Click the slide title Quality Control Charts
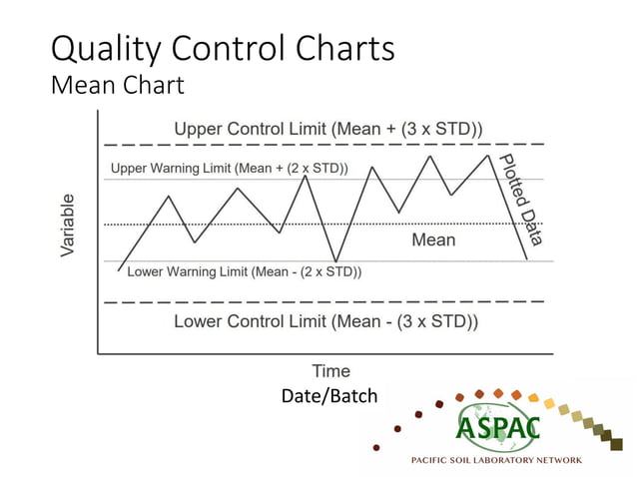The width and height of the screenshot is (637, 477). (x=222, y=48)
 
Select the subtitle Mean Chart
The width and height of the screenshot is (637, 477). (x=117, y=86)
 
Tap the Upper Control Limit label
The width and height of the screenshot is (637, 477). (x=328, y=129)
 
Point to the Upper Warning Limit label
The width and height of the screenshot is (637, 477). (x=229, y=169)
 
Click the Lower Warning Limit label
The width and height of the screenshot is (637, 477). (x=244, y=271)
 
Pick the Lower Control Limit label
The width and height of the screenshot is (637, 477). (x=325, y=321)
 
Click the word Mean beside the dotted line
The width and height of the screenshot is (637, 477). (x=433, y=239)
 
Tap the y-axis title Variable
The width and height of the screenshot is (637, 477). (x=68, y=226)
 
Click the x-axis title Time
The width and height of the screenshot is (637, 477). (x=330, y=372)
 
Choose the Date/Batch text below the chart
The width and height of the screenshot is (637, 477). (x=329, y=397)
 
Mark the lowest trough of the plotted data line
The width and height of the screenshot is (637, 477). (x=335, y=262)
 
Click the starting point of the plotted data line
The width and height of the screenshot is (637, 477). (x=118, y=270)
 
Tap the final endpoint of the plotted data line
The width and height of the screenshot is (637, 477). (x=527, y=259)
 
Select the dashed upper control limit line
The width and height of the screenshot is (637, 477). (x=319, y=145)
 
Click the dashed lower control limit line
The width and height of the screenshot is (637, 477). (x=319, y=300)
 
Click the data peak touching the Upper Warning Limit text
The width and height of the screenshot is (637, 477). (x=306, y=176)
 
